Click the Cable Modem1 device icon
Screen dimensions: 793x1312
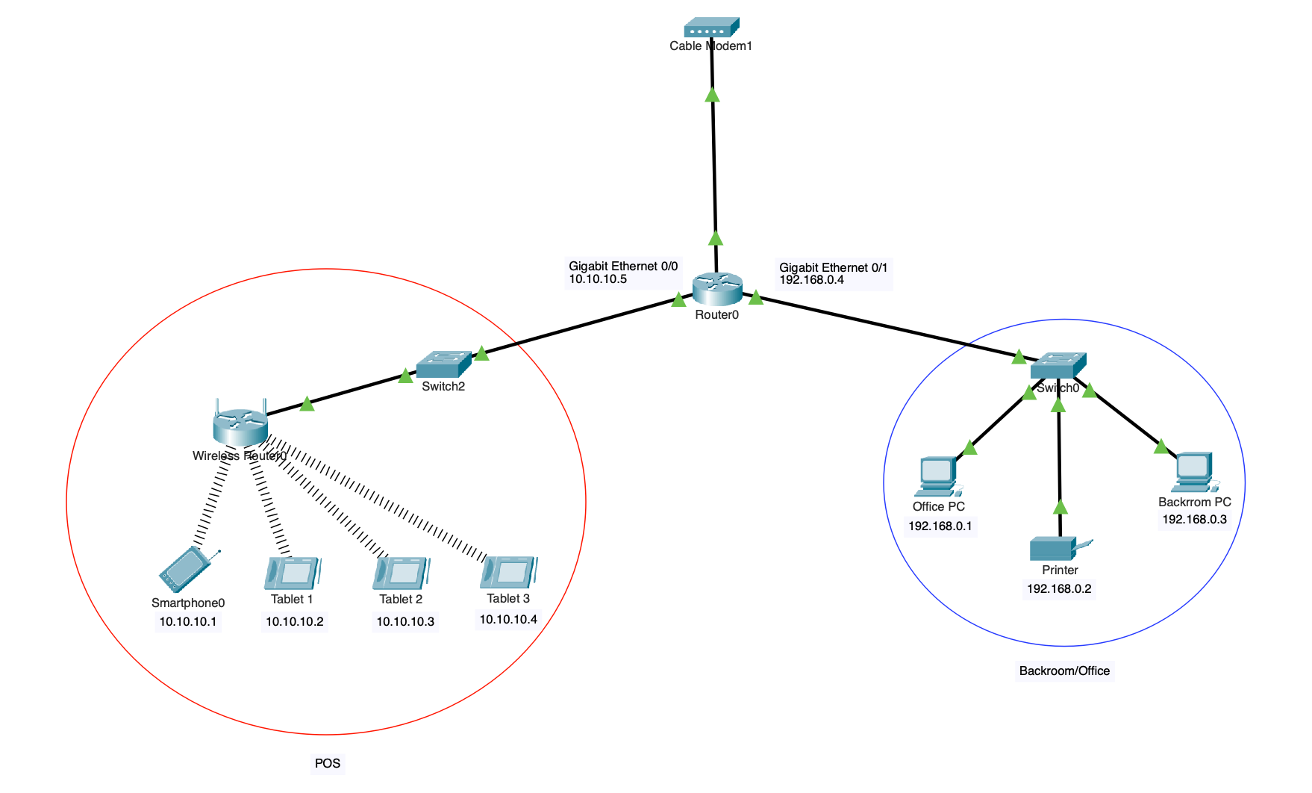click(x=711, y=28)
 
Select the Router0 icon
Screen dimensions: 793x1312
click(x=716, y=289)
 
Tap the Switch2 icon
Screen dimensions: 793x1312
click(x=443, y=364)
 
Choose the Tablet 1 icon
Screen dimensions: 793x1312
click(x=292, y=573)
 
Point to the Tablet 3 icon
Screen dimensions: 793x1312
click(x=509, y=573)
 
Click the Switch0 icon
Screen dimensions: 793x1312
click(x=1058, y=366)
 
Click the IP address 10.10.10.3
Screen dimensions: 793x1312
click(x=405, y=621)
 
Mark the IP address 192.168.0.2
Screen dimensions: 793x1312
click(x=1059, y=588)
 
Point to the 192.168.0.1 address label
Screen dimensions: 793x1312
click(x=940, y=526)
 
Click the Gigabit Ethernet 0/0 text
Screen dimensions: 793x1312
click(x=623, y=266)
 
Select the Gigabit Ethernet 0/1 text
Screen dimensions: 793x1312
click(x=833, y=267)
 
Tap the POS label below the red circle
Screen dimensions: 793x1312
click(x=328, y=763)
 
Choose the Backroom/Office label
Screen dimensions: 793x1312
click(x=1064, y=671)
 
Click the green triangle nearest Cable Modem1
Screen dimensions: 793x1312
click(x=713, y=95)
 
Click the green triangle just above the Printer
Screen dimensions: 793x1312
click(x=1060, y=508)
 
